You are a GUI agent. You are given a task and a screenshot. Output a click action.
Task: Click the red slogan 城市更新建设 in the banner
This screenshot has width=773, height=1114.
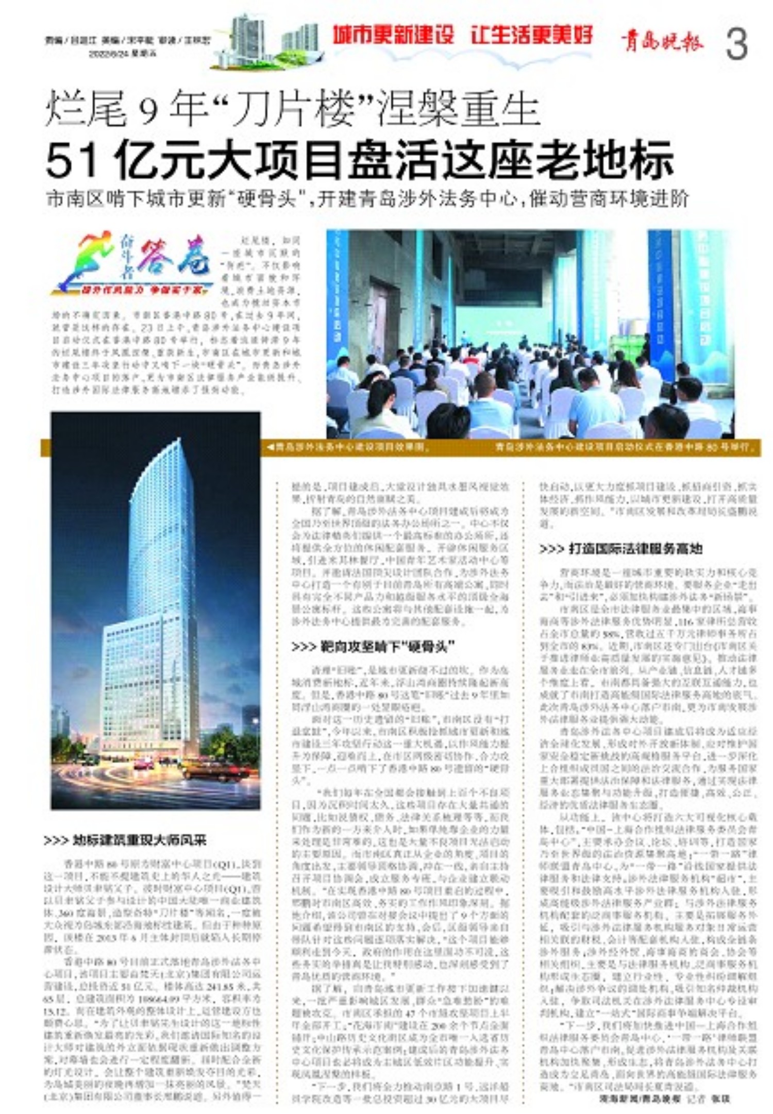point(393,35)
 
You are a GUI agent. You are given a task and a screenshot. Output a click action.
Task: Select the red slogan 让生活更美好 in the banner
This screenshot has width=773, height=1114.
point(532,35)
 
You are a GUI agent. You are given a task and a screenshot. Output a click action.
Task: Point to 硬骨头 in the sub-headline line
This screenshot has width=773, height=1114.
point(267,199)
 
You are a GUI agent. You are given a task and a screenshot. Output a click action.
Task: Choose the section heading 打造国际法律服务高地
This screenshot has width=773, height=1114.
point(621,548)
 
